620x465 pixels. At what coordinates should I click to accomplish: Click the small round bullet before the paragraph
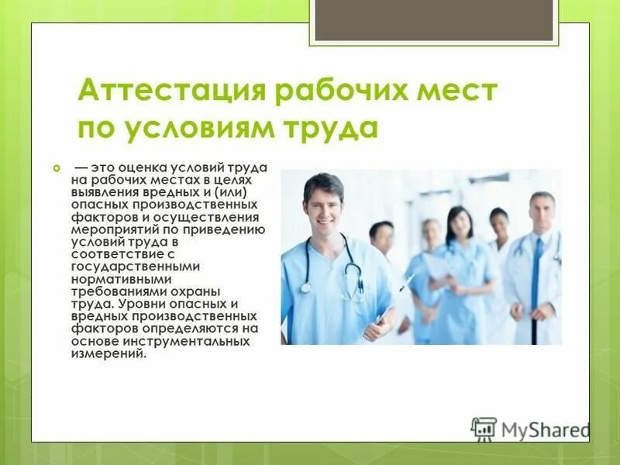click(x=56, y=168)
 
